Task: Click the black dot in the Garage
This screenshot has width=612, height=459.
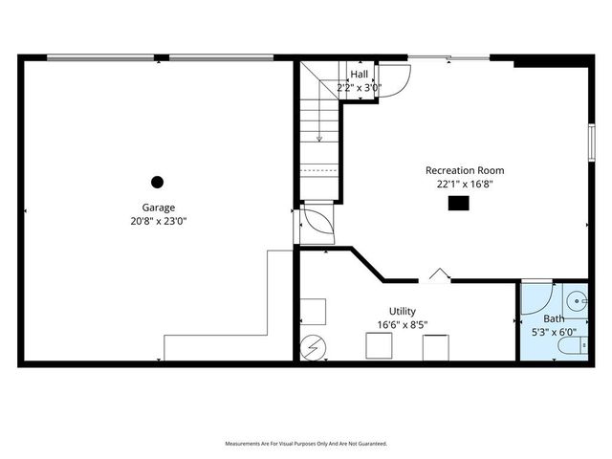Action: click(x=158, y=182)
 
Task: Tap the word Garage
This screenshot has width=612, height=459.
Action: click(x=159, y=208)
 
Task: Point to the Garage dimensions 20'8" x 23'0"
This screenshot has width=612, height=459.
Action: click(x=159, y=221)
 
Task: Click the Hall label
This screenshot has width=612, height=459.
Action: click(x=360, y=75)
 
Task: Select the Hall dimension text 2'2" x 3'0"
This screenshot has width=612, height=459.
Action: click(x=360, y=87)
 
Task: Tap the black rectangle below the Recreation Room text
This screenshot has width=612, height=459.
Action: click(x=459, y=202)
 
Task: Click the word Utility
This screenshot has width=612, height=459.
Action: click(x=402, y=312)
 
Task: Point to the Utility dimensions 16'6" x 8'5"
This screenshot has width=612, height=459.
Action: click(x=402, y=325)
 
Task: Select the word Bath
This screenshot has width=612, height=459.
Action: click(x=555, y=319)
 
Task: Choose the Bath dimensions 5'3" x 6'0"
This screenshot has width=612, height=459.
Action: click(x=555, y=333)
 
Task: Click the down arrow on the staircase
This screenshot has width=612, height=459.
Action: click(x=319, y=135)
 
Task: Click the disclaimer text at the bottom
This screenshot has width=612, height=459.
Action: click(x=306, y=444)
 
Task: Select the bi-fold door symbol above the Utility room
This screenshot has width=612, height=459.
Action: click(x=439, y=275)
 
